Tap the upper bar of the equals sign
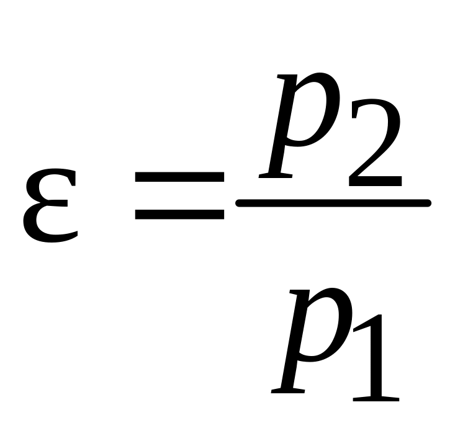tap(179, 179)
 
